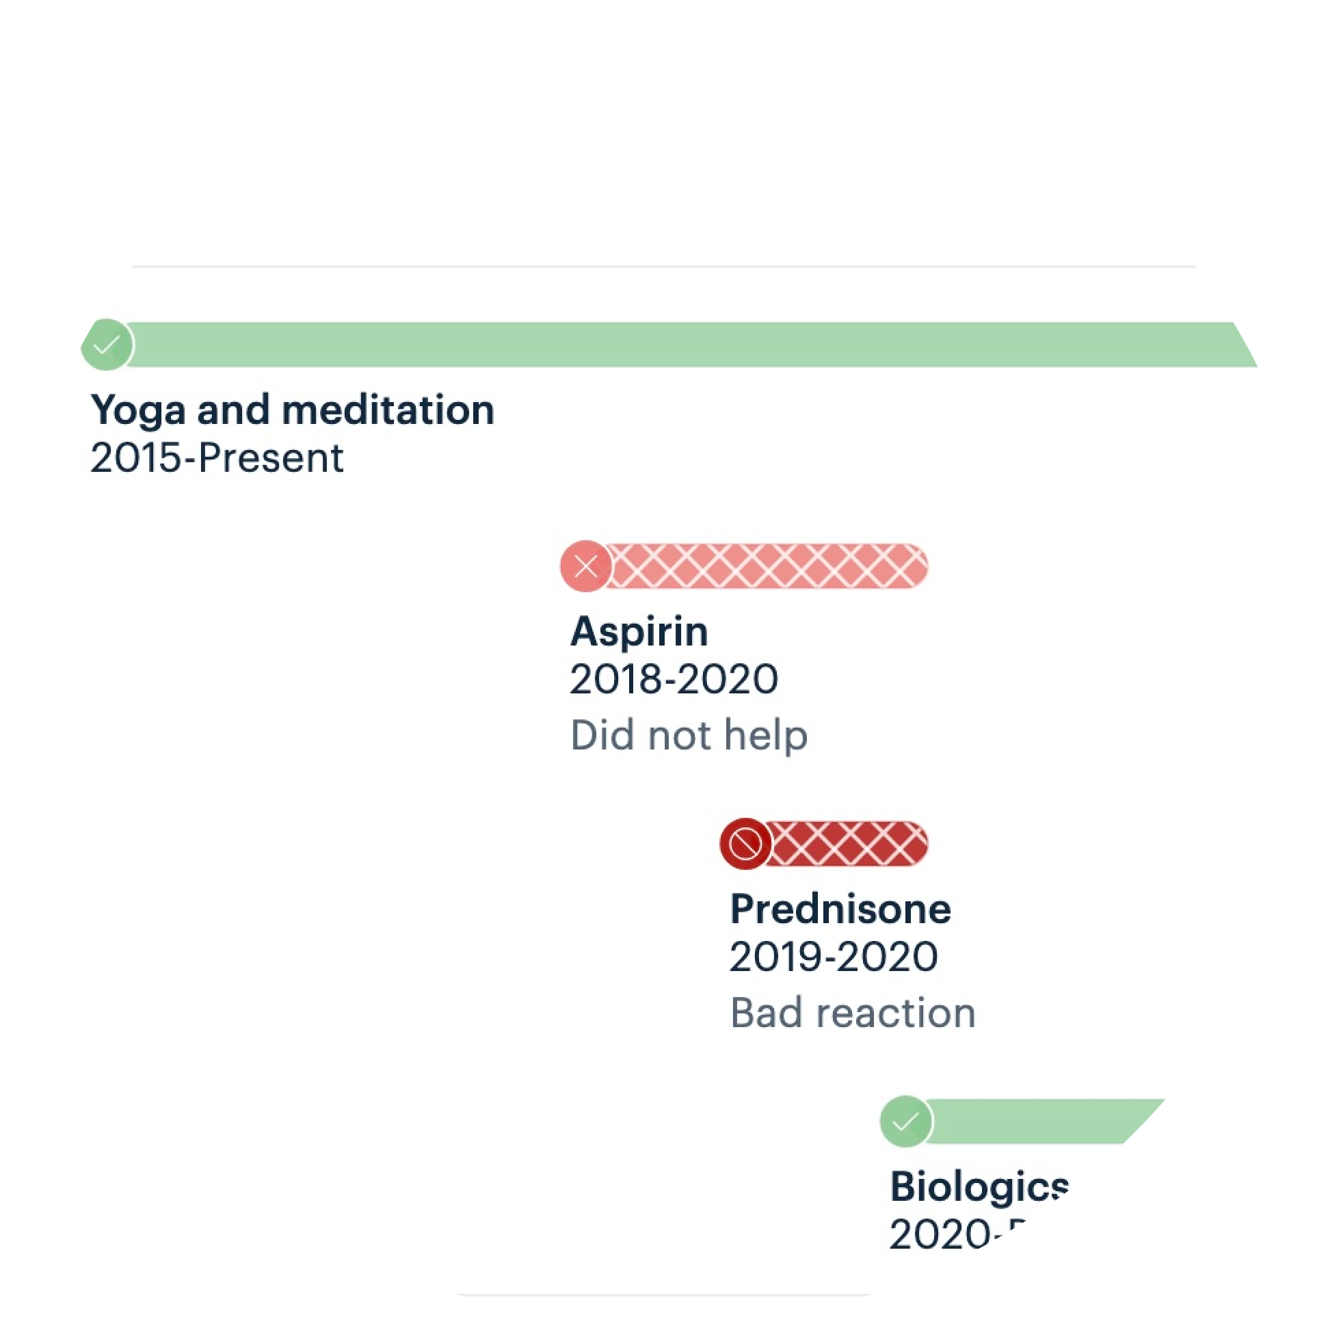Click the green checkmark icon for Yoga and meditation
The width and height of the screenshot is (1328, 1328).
107,345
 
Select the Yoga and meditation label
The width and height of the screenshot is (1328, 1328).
292,410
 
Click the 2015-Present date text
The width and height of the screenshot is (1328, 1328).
217,458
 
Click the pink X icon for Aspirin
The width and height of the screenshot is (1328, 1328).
585,566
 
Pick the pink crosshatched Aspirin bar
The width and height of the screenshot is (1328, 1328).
767,566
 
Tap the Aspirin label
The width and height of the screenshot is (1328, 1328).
639,632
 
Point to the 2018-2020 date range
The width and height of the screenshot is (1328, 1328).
674,680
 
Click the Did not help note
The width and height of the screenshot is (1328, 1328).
689,736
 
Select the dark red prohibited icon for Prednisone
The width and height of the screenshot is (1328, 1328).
745,843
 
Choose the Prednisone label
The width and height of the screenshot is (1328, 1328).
840,909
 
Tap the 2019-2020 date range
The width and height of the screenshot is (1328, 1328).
833,957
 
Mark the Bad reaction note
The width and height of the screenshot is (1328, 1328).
852,1013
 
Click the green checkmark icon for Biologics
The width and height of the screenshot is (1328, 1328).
905,1121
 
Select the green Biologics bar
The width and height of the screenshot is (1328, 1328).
1045,1121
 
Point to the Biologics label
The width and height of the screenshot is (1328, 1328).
979,1187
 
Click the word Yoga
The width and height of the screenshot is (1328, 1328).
138,410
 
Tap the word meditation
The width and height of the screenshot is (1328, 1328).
388,410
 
